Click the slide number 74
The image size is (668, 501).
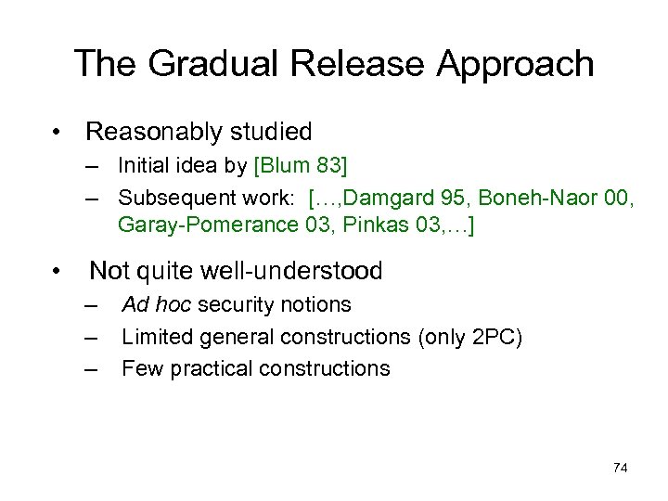point(621,468)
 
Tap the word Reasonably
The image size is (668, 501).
point(149,132)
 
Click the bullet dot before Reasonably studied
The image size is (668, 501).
point(58,133)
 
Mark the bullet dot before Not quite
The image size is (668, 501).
point(58,272)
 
